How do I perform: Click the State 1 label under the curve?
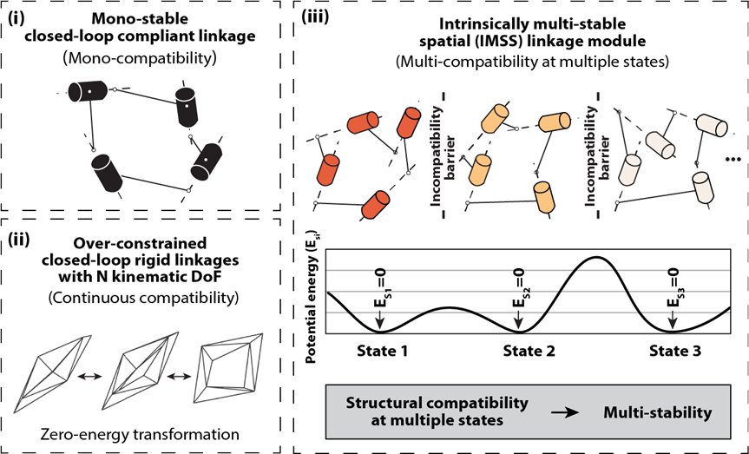(382, 352)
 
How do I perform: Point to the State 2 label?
(529, 352)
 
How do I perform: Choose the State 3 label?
(675, 352)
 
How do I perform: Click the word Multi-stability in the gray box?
(658, 412)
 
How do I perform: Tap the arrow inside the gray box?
(564, 412)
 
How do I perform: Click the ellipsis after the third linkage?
(733, 160)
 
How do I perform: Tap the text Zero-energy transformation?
(140, 434)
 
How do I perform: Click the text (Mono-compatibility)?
(140, 58)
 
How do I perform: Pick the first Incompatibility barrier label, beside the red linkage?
(443, 155)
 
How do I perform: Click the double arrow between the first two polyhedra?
(90, 377)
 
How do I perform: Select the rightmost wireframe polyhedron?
(228, 368)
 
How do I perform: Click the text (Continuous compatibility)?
(143, 298)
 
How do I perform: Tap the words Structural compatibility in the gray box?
(437, 403)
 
